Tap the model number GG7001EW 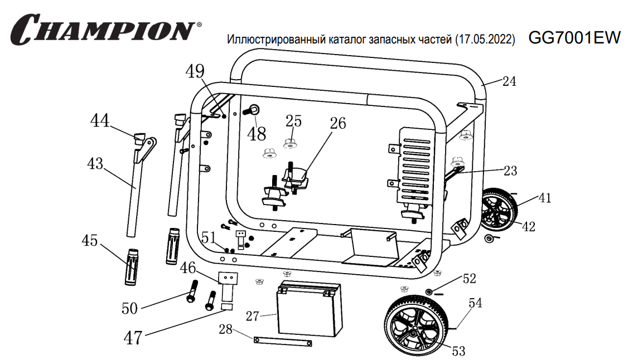click(x=574, y=38)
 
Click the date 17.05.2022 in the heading click(x=485, y=40)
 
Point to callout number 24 click(x=509, y=81)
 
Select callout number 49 click(x=195, y=72)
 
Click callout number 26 click(x=337, y=123)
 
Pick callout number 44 click(x=101, y=120)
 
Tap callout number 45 click(x=90, y=241)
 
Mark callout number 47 click(x=133, y=338)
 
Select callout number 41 click(x=544, y=198)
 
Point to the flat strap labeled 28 click(x=282, y=341)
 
